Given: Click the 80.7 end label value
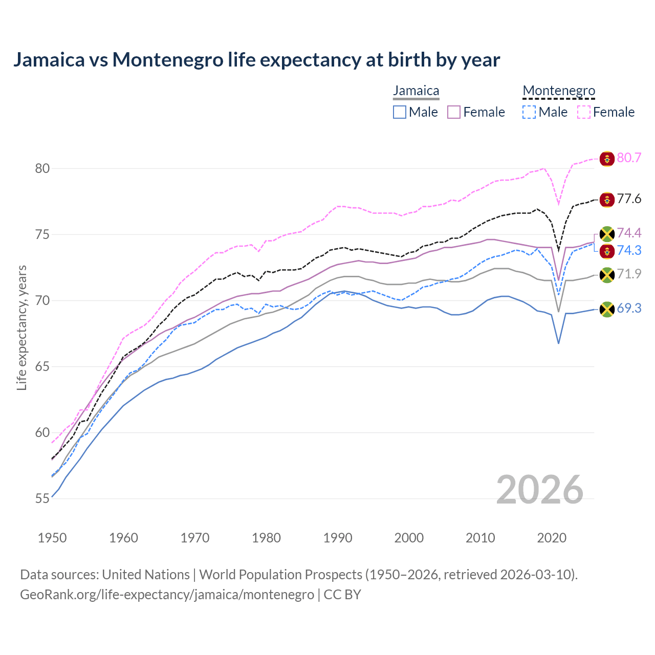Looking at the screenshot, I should pyautogui.click(x=629, y=158).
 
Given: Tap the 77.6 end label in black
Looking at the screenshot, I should pyautogui.click(x=629, y=199).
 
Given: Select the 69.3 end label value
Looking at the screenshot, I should pyautogui.click(x=629, y=308).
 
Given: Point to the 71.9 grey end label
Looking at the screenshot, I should pyautogui.click(x=629, y=274).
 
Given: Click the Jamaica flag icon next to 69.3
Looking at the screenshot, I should pyautogui.click(x=607, y=309).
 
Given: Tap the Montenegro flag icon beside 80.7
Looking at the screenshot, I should pyautogui.click(x=607, y=159).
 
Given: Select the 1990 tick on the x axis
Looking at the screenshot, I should pyautogui.click(x=338, y=538).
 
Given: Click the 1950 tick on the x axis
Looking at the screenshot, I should pyautogui.click(x=52, y=538).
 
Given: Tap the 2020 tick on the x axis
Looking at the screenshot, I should pyautogui.click(x=552, y=538).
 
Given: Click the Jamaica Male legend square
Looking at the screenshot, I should pyautogui.click(x=400, y=112).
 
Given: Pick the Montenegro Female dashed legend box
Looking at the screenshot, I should pyautogui.click(x=584, y=112).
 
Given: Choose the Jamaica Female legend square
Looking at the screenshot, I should pyautogui.click(x=454, y=112).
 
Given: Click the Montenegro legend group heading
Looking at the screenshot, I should pyautogui.click(x=559, y=91).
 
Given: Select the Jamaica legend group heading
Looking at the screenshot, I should pyautogui.click(x=416, y=91).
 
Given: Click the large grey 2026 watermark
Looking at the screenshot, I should pyautogui.click(x=540, y=490).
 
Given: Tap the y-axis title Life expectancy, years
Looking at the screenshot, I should pyautogui.click(x=21, y=327).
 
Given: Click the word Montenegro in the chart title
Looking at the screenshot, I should pyautogui.click(x=168, y=59).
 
